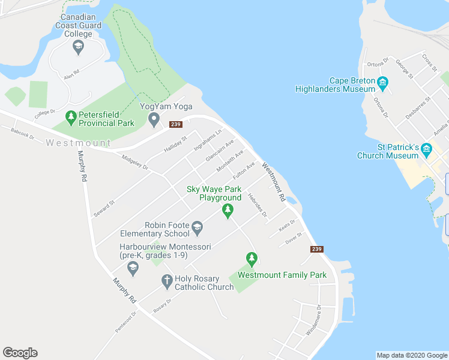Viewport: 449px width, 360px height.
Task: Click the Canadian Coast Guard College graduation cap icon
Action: [77, 46]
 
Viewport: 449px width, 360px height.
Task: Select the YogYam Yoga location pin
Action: [154, 119]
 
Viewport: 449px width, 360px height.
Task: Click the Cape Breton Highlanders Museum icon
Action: [382, 83]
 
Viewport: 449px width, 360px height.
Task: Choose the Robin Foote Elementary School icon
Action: [198, 228]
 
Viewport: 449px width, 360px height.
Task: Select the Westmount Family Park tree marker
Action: [252, 259]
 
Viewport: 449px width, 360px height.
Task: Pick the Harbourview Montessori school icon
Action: [133, 268]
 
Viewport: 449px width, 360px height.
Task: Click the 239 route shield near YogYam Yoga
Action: [175, 124]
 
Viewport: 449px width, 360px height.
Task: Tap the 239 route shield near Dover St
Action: [318, 249]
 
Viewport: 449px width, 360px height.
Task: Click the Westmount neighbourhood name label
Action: [78, 143]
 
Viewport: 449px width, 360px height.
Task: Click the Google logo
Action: [20, 353]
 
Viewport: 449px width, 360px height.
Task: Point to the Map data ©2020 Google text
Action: [411, 355]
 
